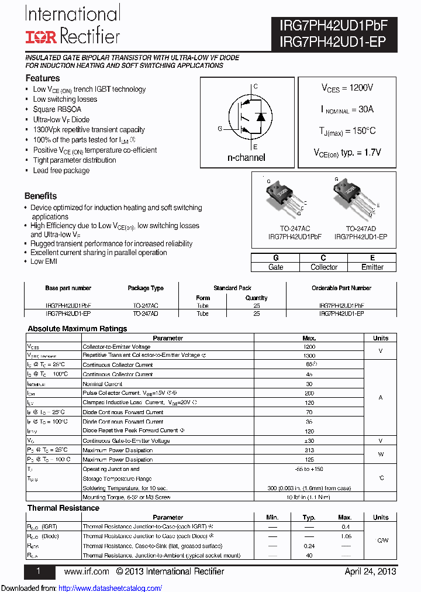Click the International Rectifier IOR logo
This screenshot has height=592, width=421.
[40, 37]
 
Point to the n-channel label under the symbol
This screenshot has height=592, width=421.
[246, 157]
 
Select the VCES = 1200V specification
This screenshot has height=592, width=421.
[347, 88]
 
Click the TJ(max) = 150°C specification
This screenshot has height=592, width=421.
[347, 131]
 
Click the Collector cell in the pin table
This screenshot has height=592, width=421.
[323, 267]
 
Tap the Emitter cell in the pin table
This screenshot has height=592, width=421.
[372, 267]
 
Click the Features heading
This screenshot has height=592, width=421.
[42, 78]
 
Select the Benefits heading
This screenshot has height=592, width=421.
[41, 196]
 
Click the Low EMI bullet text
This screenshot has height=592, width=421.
[44, 261]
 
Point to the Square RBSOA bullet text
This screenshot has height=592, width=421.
[57, 109]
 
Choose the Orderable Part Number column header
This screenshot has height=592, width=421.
[341, 288]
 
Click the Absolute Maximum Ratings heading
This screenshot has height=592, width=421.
[77, 329]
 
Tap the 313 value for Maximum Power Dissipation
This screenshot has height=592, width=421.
[309, 450]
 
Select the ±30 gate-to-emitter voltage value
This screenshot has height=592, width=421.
[309, 440]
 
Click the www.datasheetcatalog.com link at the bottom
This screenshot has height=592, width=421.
[111, 588]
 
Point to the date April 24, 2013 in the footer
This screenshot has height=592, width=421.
[370, 572]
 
